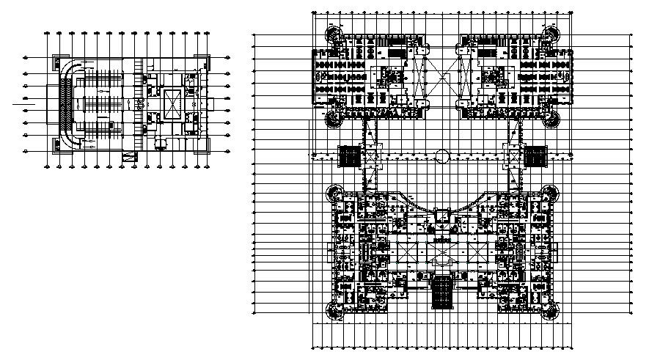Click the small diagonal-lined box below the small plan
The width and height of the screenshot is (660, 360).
[x=131, y=155]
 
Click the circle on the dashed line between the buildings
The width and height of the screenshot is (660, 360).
[x=441, y=155]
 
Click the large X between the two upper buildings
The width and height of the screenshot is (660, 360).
[x=441, y=73]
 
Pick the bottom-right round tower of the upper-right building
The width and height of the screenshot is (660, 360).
[x=551, y=117]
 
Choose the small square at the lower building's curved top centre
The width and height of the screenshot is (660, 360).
[x=441, y=213]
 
